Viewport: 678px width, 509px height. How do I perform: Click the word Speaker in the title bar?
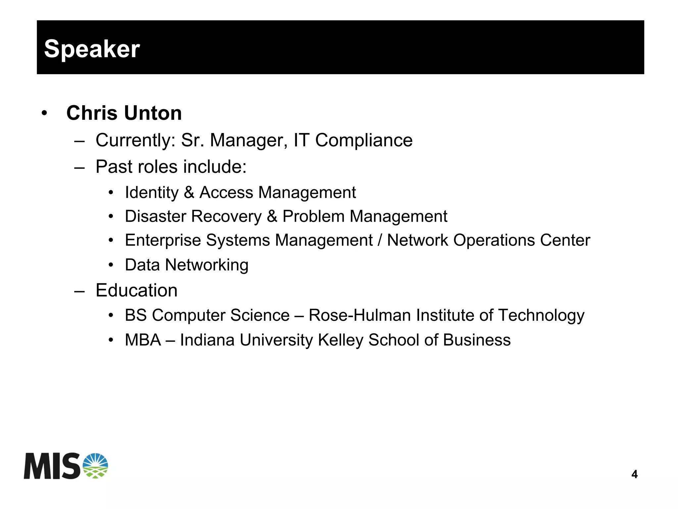[92, 49]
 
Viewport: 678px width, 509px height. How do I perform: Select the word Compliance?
[364, 140]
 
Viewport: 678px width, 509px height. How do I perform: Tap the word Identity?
[152, 193]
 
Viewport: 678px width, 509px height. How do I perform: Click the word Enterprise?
[163, 240]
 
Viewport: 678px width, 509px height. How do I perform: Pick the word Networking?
[207, 265]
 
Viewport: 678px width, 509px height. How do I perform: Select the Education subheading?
[136, 291]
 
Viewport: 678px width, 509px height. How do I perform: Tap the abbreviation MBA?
[143, 340]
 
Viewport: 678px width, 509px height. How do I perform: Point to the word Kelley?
[341, 340]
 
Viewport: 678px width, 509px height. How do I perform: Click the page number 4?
[634, 474]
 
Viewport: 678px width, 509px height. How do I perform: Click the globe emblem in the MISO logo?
[95, 466]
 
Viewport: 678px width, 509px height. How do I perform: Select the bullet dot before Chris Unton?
[44, 114]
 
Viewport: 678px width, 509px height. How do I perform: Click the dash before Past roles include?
[79, 167]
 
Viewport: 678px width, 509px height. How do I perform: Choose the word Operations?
[494, 240]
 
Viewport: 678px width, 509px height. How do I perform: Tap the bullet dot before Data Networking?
[111, 265]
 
